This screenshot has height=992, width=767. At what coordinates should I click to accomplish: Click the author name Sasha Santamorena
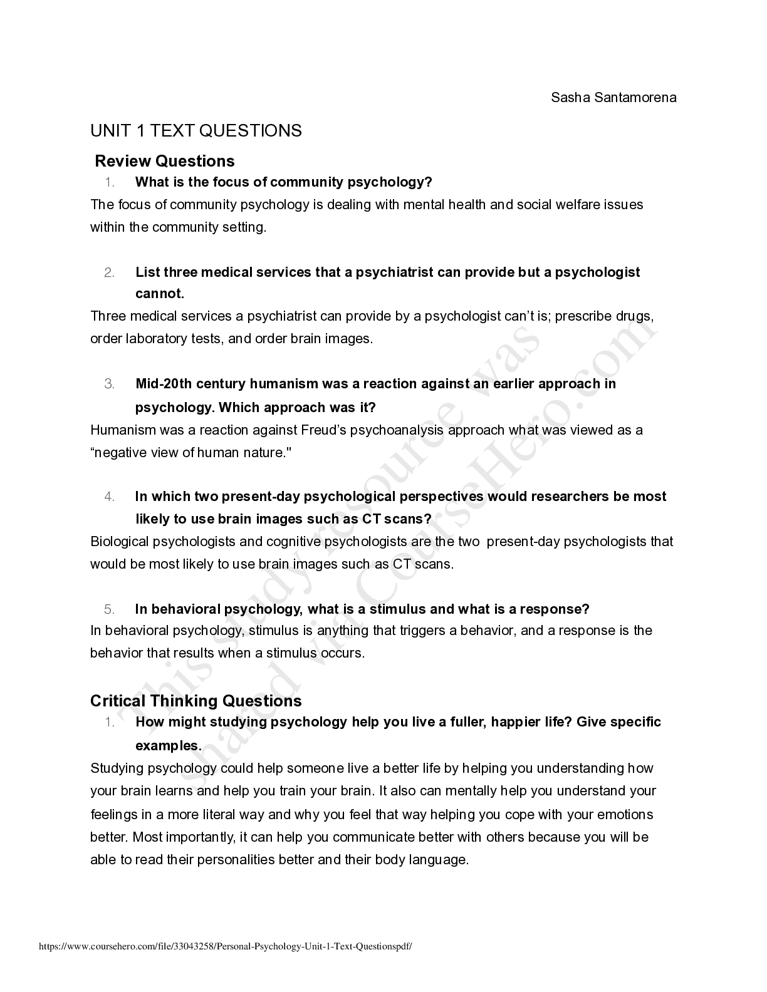click(613, 98)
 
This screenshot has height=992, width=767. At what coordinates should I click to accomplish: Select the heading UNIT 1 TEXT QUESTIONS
click(196, 131)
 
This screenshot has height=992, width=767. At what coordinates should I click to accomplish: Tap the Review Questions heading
click(165, 161)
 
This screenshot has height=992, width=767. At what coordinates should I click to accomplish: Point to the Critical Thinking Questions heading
click(196, 700)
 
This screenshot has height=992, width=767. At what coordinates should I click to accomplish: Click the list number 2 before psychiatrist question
click(109, 272)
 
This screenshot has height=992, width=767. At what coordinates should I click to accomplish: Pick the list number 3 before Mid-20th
click(109, 384)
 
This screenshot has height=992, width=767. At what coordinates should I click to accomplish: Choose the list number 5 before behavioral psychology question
click(109, 609)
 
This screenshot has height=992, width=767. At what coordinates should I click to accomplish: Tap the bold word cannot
click(159, 294)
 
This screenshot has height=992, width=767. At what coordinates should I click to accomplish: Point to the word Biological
click(119, 541)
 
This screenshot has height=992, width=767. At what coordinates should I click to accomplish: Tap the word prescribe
click(582, 316)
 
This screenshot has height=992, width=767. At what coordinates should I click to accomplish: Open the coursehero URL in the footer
click(226, 947)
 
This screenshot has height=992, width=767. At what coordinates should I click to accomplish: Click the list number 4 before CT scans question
click(109, 497)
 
